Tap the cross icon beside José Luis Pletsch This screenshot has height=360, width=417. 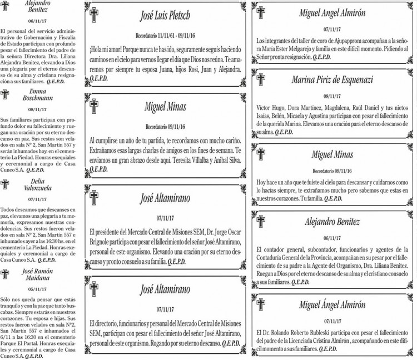95,16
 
